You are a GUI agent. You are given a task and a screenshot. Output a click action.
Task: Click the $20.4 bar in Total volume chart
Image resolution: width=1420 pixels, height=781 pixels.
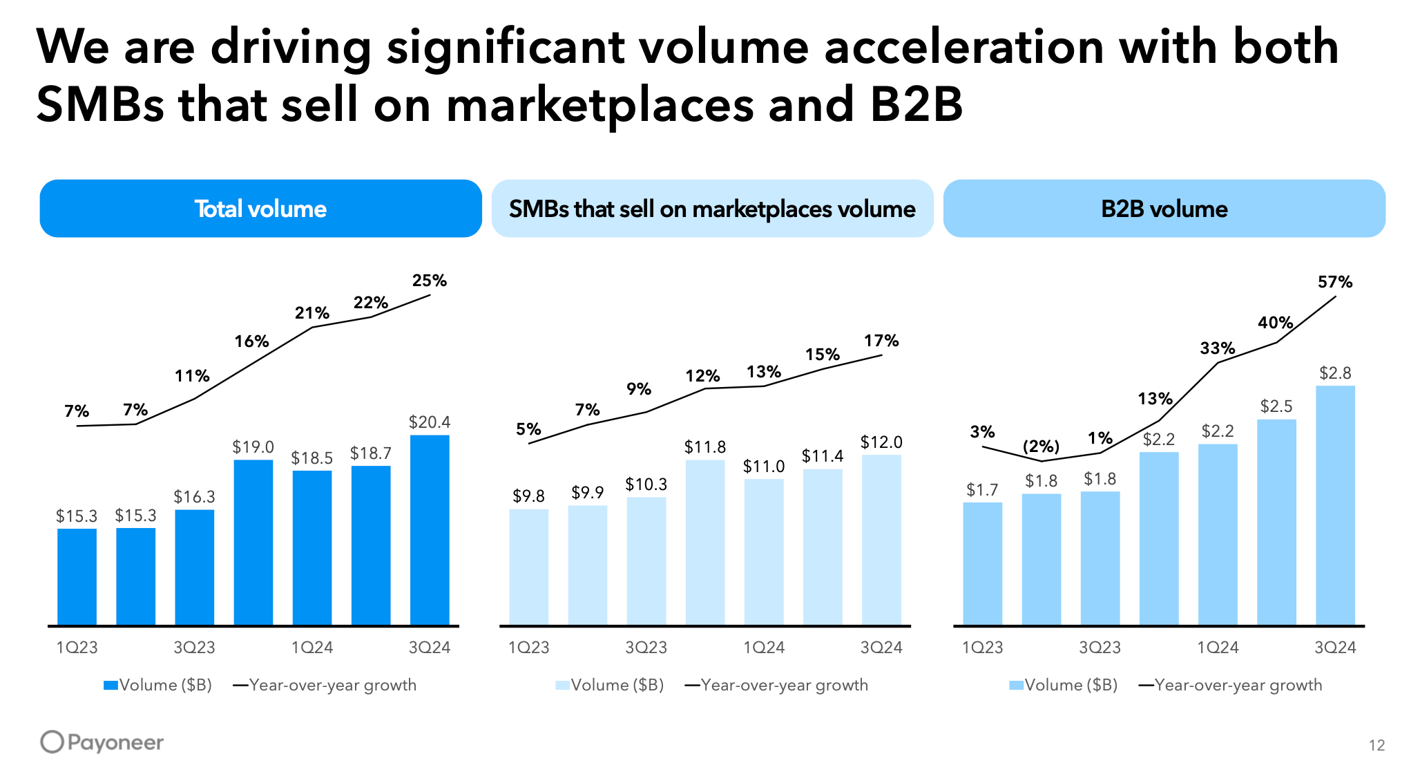pos(430,529)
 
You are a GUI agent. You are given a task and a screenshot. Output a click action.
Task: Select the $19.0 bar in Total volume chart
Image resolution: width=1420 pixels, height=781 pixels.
pos(253,542)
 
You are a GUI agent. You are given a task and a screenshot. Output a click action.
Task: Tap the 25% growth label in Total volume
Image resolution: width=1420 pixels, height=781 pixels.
pos(430,281)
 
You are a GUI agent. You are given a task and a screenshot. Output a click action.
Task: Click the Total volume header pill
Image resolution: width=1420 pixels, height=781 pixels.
pos(260,209)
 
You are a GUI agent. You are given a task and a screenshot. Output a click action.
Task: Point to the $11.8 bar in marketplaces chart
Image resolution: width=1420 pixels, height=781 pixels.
pos(705,542)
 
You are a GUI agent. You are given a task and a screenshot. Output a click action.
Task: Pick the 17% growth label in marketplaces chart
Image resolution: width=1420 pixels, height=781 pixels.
pos(881,341)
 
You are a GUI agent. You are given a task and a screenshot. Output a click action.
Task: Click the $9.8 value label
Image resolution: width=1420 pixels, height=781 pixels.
pos(528,496)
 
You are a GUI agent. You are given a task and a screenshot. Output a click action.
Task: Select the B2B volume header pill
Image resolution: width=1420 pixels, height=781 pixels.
pos(1164,209)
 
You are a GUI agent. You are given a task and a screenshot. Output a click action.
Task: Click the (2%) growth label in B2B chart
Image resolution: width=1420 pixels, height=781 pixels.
pos(1041,446)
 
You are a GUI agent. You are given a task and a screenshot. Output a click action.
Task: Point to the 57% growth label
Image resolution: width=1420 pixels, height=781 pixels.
pos(1335,282)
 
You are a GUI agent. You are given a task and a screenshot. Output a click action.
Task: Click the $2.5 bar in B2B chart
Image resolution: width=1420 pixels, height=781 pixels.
pos(1276,522)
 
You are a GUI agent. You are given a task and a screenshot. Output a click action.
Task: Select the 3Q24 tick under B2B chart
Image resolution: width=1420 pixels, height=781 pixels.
pos(1335,648)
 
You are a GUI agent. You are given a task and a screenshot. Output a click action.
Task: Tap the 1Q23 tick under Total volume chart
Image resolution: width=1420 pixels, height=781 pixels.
pos(77,648)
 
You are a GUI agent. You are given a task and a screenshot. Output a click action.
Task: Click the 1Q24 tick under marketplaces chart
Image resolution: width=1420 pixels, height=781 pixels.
pos(764,648)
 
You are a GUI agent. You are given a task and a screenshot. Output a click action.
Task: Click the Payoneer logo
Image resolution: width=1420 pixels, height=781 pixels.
pos(102,742)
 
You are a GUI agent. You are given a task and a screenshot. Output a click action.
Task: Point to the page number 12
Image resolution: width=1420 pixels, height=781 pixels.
pos(1376,745)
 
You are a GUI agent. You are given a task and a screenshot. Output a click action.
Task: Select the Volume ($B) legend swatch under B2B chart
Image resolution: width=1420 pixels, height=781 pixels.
pos(1016,686)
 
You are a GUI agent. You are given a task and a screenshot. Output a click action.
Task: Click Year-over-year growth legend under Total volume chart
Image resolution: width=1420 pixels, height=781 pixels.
pos(332,685)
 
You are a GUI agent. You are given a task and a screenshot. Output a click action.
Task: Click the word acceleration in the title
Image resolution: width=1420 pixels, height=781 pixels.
pos(964,47)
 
